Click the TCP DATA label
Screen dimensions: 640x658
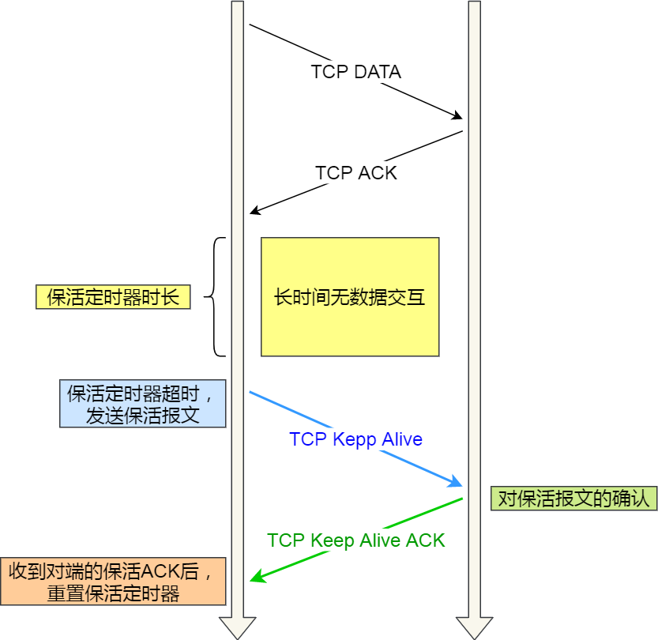(355, 72)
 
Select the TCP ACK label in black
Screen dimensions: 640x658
(355, 172)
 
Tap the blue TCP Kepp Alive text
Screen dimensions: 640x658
(355, 439)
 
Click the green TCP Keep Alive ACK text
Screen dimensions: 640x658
(355, 540)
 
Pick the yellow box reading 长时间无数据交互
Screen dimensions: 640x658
(350, 297)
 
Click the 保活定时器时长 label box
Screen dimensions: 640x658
(113, 297)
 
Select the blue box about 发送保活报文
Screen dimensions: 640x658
(143, 404)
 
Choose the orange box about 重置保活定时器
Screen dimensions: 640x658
(113, 582)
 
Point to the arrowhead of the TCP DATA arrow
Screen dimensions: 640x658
(457, 117)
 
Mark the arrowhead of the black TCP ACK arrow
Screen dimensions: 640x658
(254, 211)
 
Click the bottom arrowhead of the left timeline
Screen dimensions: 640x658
(237, 628)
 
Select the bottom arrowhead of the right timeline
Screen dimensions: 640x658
(474, 628)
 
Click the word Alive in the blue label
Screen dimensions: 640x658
(402, 439)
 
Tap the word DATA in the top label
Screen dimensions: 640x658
(378, 72)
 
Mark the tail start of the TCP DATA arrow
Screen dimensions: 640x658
(250, 25)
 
